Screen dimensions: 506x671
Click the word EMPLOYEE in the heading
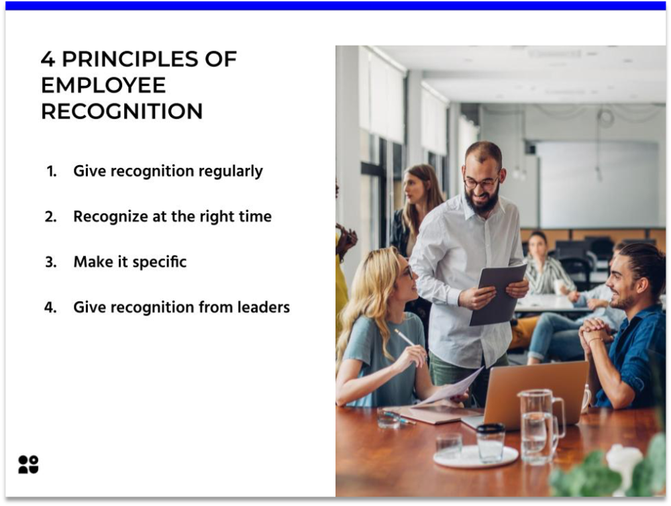103,85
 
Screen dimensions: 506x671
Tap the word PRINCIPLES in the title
149,59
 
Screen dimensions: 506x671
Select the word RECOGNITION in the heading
121,111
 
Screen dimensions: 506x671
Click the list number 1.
51,171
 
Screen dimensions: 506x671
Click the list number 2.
51,217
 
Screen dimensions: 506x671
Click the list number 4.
51,307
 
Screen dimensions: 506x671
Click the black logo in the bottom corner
28,464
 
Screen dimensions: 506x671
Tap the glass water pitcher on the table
538,425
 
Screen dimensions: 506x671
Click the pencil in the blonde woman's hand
405,337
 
